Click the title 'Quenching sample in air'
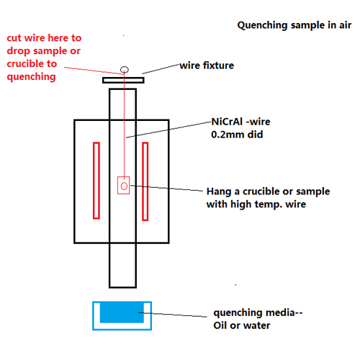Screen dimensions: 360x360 click(x=294, y=25)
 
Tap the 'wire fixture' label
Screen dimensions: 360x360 click(x=207, y=66)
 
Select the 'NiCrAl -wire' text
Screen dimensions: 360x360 click(x=240, y=122)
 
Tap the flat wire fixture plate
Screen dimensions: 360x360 click(x=123, y=80)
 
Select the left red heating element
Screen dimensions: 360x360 click(x=96, y=181)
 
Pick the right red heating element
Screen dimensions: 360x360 click(x=145, y=181)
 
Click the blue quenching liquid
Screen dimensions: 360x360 click(x=122, y=312)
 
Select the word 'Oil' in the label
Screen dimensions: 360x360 click(x=220, y=325)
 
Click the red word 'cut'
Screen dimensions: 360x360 click(x=14, y=38)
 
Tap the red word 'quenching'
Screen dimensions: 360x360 click(x=31, y=77)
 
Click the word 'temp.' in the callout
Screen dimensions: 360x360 click(x=269, y=204)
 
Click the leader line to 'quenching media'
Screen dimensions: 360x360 click(x=173, y=315)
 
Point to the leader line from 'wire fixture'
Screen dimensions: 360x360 click(x=161, y=69)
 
